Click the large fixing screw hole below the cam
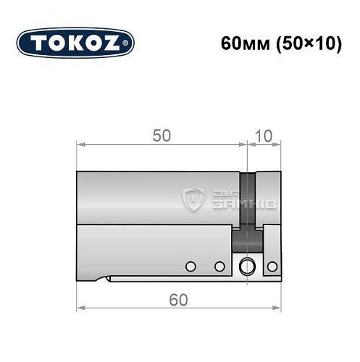pyautogui.click(x=248, y=266)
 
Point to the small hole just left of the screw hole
pyautogui.click(x=219, y=266)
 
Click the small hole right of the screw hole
pyautogui.click(x=272, y=266)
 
